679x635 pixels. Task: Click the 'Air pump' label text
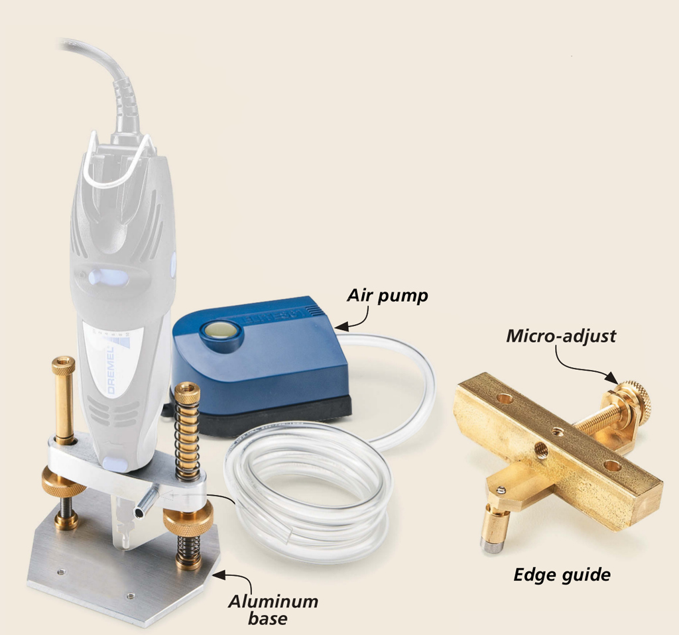click(x=387, y=296)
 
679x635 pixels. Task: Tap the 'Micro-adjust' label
click(x=561, y=336)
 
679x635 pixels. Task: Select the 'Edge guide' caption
click(x=562, y=575)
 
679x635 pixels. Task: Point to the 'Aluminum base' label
click(x=273, y=609)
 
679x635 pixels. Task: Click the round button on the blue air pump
click(x=220, y=331)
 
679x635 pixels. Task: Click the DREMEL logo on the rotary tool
click(x=111, y=371)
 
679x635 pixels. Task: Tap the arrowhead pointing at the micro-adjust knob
click(x=612, y=378)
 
